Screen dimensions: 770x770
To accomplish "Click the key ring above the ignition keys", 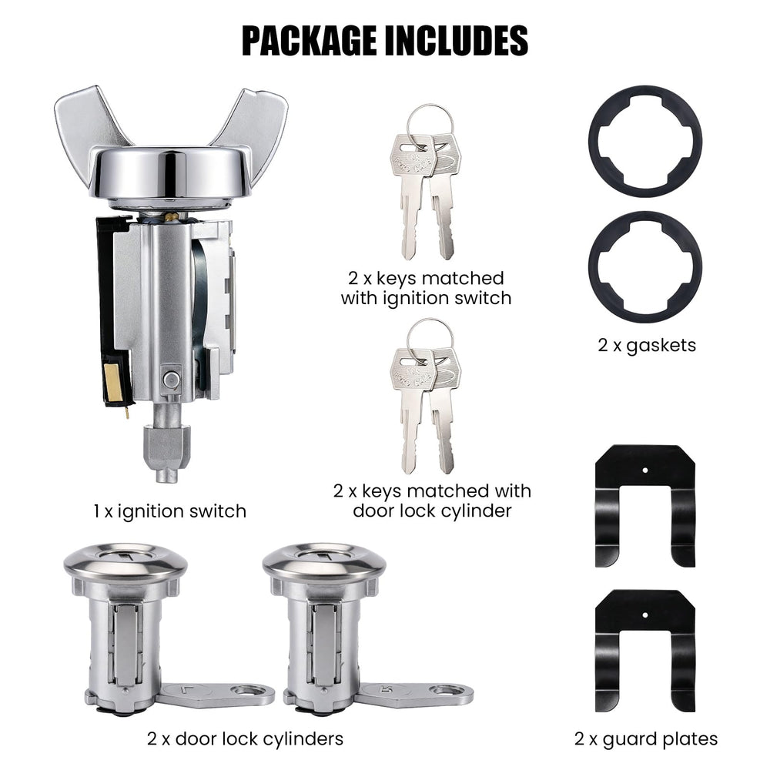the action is click(430, 109).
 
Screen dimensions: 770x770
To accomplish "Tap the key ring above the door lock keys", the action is click(430, 323).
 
